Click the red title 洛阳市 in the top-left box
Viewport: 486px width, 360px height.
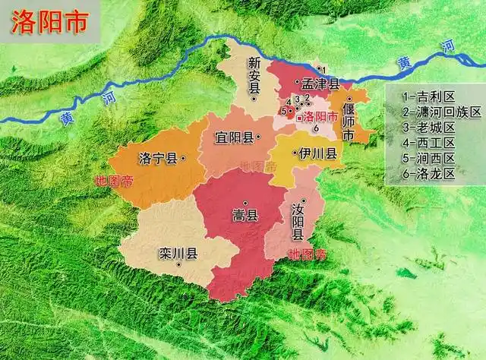[x=47, y=22]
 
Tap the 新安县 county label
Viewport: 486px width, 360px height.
[x=254, y=76]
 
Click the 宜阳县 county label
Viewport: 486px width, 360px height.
[x=233, y=138]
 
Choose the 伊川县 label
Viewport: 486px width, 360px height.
[x=317, y=153]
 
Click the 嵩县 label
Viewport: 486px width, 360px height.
[x=245, y=216]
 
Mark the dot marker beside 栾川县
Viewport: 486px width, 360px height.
[x=178, y=265]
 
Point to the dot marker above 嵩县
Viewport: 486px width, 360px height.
[x=245, y=202]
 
